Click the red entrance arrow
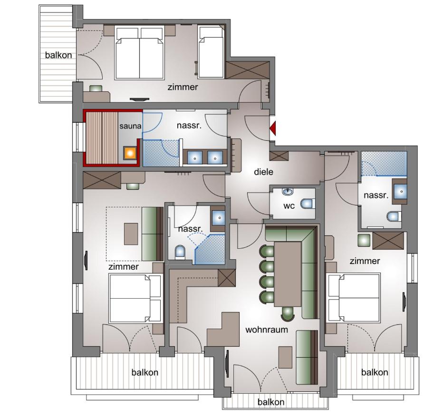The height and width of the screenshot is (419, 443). click(273, 128)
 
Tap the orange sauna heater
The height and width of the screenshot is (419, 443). click(130, 153)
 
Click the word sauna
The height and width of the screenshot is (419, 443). click(130, 126)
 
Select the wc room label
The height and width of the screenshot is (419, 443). click(289, 206)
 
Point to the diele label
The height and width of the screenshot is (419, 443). click(264, 172)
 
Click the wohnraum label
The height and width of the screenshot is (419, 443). click(267, 330)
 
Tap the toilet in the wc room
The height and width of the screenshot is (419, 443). click(308, 204)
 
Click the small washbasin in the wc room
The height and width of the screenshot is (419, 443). click(287, 191)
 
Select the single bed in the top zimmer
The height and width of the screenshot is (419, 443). click(211, 52)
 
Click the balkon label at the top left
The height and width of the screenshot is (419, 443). click(58, 55)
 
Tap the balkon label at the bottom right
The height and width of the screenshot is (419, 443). click(375, 372)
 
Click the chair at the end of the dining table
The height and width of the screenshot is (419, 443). click(288, 313)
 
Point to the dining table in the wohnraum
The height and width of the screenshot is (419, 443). click(288, 274)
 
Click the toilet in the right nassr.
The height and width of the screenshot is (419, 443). click(394, 216)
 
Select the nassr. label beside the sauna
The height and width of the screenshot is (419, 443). click(189, 126)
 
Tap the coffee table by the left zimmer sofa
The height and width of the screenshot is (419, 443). click(131, 234)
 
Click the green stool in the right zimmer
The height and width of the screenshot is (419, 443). click(364, 240)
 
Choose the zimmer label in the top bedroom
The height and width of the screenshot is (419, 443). click(183, 87)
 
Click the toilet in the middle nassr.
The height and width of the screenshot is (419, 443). click(180, 252)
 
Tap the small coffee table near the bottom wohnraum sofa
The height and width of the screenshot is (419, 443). click(285, 357)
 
